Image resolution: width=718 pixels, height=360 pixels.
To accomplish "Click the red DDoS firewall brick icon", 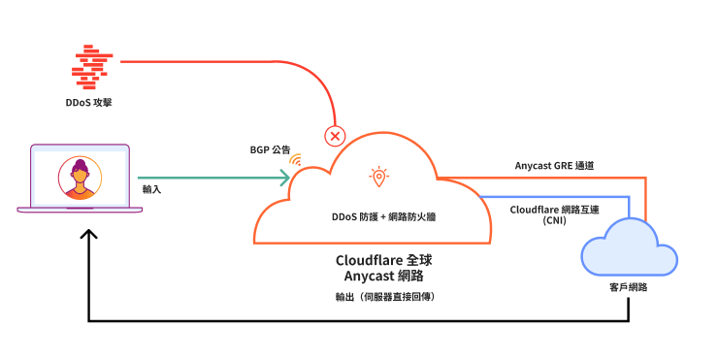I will [94, 63].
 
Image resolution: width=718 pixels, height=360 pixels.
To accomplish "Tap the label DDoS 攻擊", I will [93, 102].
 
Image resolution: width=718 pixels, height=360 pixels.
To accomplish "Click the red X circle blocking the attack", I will [336, 136].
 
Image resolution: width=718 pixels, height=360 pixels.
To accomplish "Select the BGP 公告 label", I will [270, 150].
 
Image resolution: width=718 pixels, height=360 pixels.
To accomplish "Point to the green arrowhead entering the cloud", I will [284, 178].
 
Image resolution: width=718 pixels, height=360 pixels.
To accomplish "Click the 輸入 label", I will [151, 189].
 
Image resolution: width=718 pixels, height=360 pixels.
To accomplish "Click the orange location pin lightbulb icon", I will [377, 176].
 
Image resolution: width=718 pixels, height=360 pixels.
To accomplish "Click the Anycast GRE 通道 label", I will [554, 166].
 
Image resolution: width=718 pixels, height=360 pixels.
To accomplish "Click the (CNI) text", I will [555, 221].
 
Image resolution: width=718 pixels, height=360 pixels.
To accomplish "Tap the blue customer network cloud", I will [628, 247].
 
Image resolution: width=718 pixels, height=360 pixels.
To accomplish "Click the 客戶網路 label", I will [628, 288].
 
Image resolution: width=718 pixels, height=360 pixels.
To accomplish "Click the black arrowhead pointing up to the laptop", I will [89, 235].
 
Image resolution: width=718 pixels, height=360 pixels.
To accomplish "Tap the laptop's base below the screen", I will [80, 211].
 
